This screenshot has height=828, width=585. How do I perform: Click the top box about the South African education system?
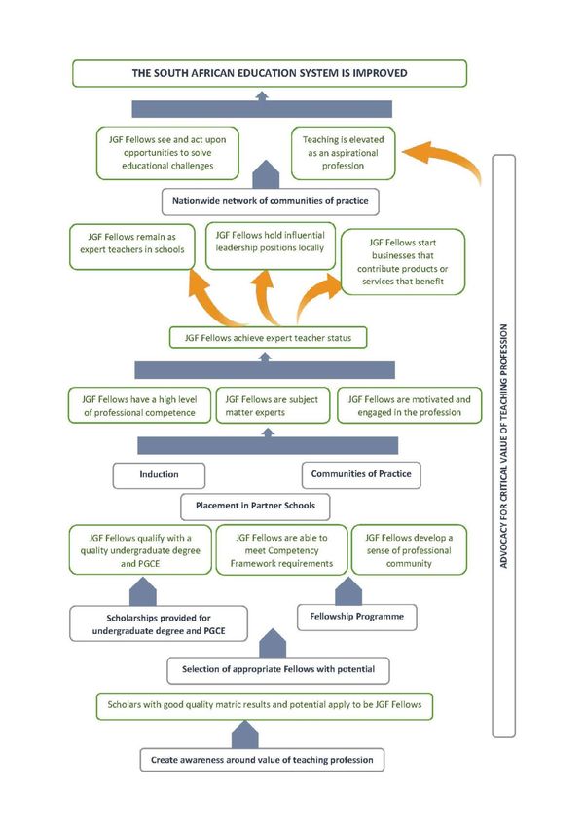coord(270,73)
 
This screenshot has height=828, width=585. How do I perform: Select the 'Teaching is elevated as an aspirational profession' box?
coord(343,153)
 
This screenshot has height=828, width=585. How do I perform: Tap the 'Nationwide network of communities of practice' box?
coord(270,202)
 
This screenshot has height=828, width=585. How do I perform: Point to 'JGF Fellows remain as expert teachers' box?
coord(131,246)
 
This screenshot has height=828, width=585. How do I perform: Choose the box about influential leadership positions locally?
coord(270,245)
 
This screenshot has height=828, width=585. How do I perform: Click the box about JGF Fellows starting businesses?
coord(403,262)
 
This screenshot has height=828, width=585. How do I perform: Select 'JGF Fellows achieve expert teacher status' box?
coord(268,338)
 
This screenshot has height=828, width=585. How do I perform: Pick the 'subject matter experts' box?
coord(273,405)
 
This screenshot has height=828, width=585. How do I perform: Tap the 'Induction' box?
coord(159,475)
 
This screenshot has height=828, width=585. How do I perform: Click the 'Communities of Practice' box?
coord(361,474)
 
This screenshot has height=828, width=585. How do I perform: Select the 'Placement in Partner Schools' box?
coord(255,507)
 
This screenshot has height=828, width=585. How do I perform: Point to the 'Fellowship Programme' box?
coord(357,617)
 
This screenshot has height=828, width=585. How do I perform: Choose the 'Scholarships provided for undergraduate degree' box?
coord(159,623)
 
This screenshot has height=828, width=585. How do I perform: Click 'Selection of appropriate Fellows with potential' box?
coord(278,670)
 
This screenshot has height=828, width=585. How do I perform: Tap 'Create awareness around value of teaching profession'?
coord(262,760)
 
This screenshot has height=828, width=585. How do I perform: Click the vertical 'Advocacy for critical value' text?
coord(503,446)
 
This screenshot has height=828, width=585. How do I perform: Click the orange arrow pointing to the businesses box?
coord(316,293)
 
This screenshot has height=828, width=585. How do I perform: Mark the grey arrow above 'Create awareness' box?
coord(244,734)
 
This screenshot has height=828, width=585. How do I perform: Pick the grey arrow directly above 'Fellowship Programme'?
coord(348,591)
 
